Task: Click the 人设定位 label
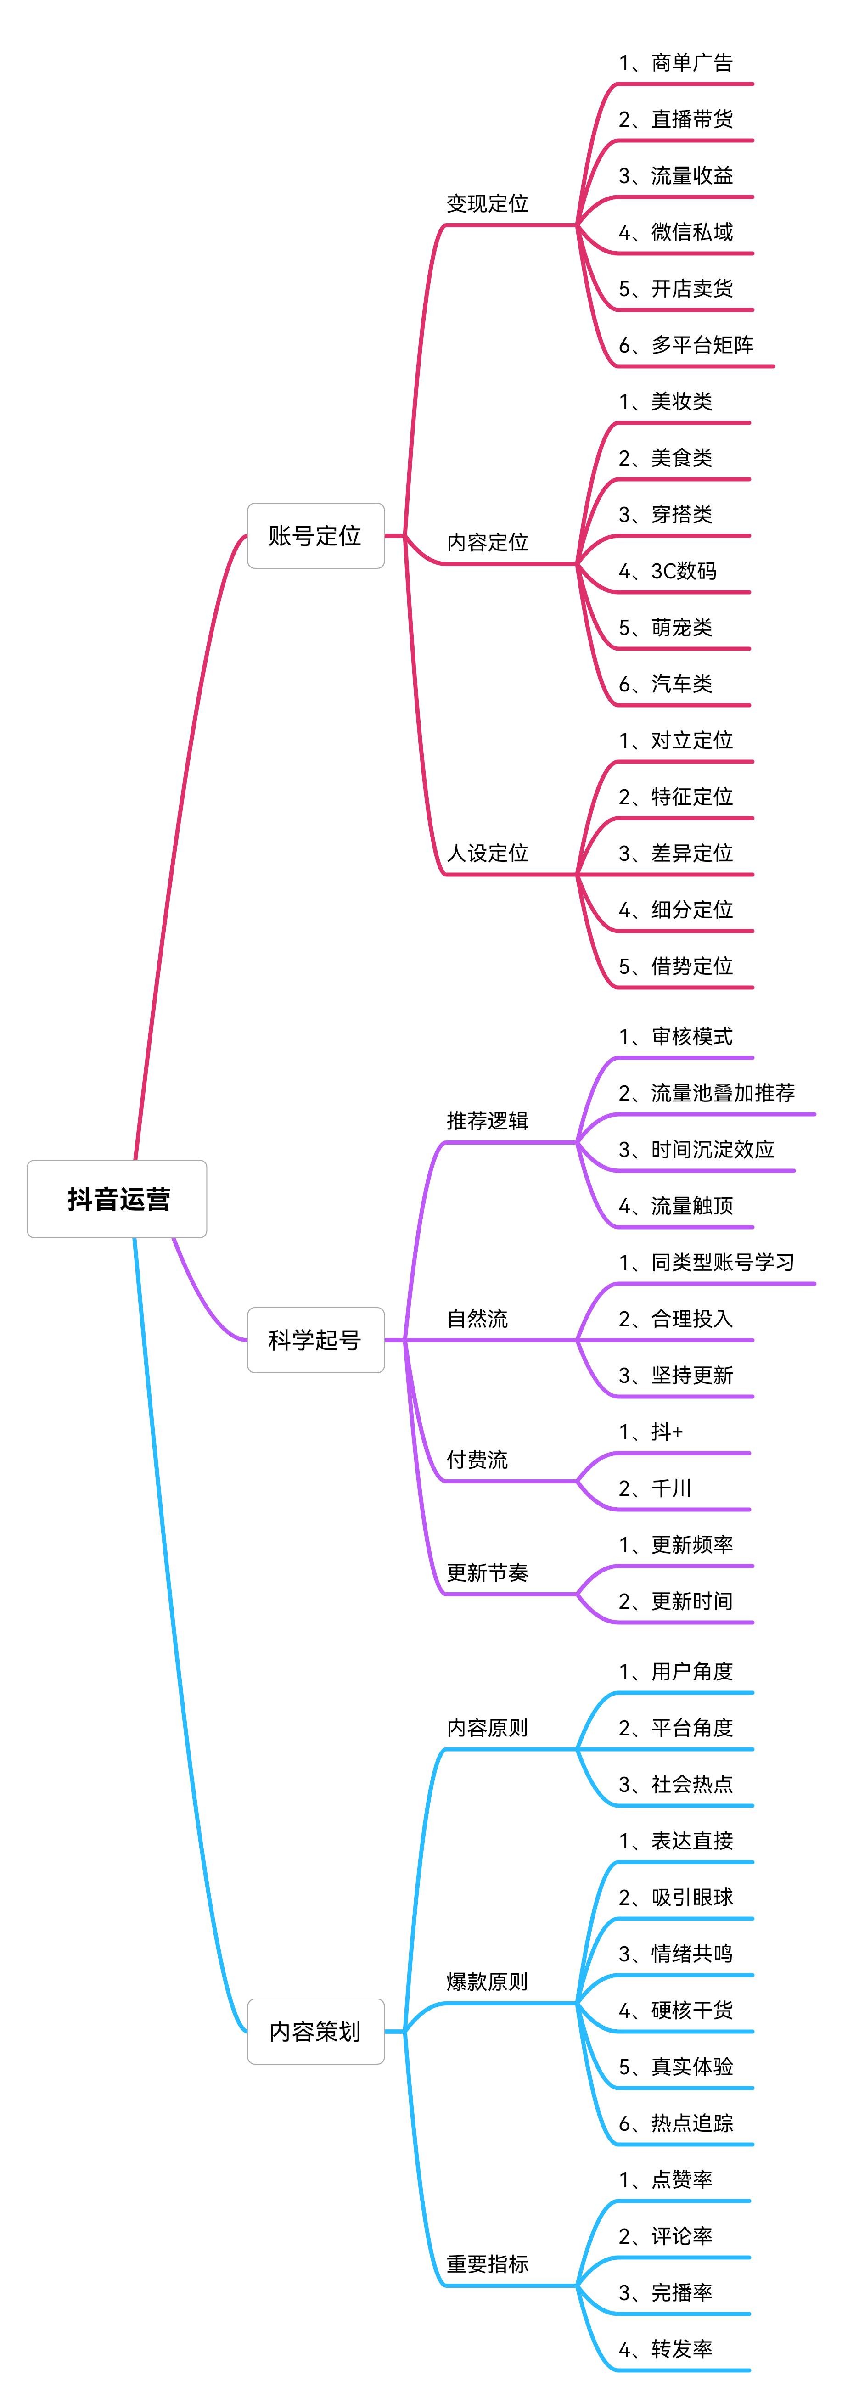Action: [487, 853]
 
